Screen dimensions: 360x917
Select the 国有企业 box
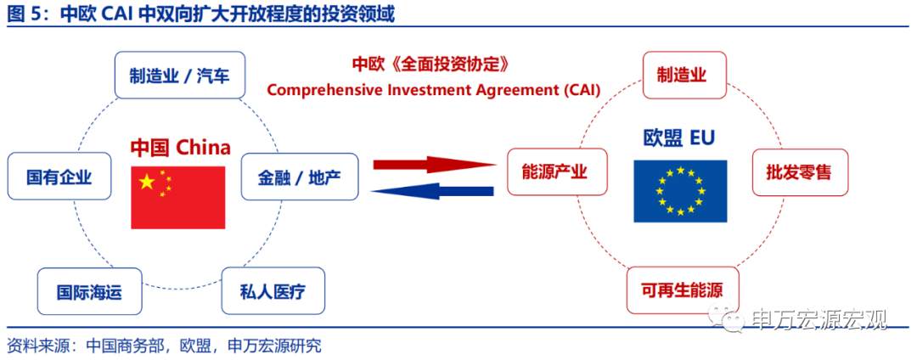coord(59,177)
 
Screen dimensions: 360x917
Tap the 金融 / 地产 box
coord(300,177)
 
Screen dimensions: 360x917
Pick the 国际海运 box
coord(89,292)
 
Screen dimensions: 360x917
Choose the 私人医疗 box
coord(273,292)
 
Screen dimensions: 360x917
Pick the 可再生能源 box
coord(683,290)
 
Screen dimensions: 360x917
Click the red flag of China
coord(177,196)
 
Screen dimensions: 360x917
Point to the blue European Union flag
coord(680,191)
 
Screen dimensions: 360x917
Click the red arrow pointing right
coord(434,165)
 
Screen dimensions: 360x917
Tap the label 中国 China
coord(180,147)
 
